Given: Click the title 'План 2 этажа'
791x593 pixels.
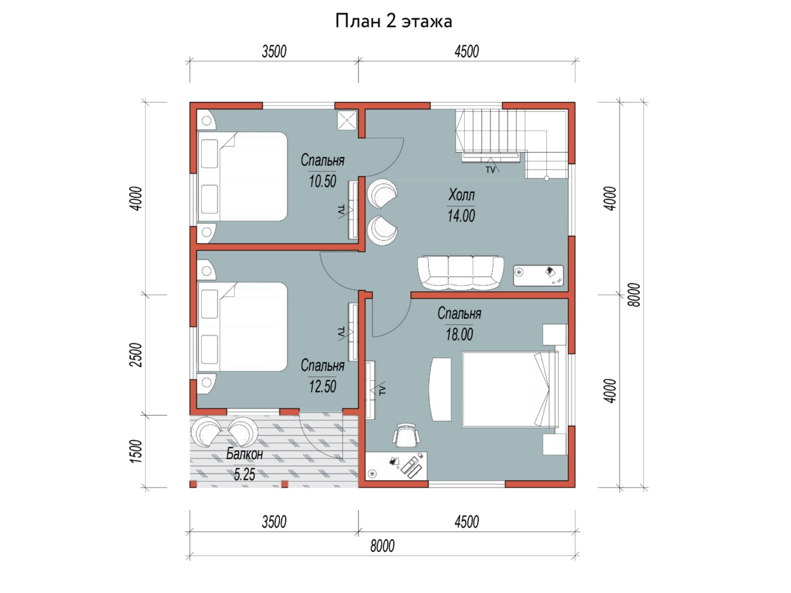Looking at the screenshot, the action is coord(394,21).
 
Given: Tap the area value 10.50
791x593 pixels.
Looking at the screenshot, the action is coord(322,181).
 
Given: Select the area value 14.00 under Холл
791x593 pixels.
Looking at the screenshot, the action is coord(461,215).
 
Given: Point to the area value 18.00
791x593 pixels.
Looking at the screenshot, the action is coord(459,335).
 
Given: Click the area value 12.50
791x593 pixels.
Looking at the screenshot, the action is coord(322,386).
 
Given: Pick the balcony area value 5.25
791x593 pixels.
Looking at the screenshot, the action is coord(245,474).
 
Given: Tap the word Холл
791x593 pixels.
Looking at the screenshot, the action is coord(461,195).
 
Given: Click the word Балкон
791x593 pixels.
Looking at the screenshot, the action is coord(245,454).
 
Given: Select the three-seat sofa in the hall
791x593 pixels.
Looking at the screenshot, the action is coord(461,273).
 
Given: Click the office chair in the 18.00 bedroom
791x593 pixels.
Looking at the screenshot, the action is coord(406,436).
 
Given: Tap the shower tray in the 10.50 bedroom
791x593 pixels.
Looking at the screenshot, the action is coord(347,121).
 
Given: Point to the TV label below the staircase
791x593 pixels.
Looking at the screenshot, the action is coord(490,169).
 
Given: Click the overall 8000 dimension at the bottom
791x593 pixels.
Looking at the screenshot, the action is coord(382,546).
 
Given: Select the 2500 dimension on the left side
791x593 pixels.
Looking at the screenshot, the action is coord(137,354).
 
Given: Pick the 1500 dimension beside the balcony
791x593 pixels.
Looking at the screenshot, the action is coord(137,451).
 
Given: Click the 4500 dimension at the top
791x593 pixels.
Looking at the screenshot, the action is coord(467,52).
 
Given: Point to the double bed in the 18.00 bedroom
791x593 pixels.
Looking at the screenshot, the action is coord(511,389).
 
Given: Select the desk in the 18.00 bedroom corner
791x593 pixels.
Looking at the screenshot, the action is coord(396,466).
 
